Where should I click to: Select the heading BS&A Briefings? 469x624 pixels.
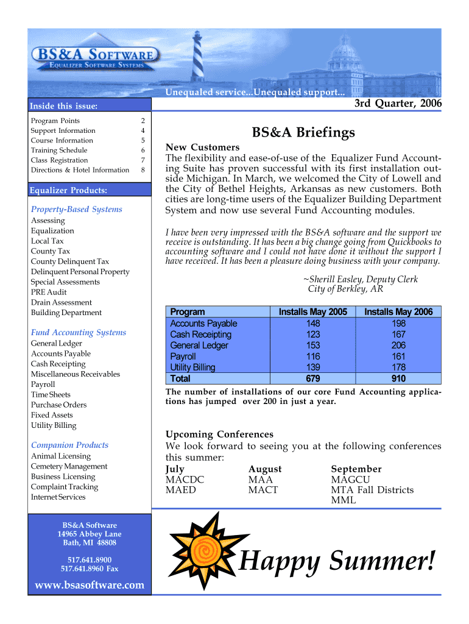[303, 132]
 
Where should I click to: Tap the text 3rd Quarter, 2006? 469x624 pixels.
[398, 104]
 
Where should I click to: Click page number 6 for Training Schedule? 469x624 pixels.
[143, 151]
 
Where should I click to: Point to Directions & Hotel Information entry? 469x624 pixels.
[80, 170]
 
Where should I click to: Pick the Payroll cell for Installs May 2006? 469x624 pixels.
[398, 356]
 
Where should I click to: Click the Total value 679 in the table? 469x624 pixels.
[313, 378]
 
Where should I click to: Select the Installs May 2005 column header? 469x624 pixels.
[313, 312]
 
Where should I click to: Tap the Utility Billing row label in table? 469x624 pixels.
[192, 367]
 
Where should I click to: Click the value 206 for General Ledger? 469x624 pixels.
[398, 346]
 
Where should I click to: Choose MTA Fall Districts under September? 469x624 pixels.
[372, 490]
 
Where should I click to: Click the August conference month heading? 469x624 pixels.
[265, 469]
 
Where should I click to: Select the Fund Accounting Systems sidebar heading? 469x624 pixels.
[79, 332]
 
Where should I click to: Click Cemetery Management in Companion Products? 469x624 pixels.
[69, 466]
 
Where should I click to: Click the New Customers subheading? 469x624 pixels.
[202, 147]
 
